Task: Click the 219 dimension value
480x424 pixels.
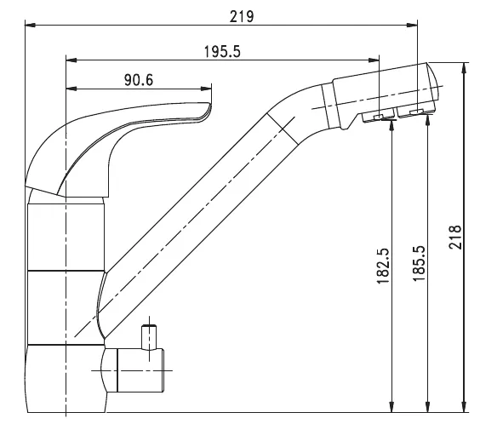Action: (x=242, y=17)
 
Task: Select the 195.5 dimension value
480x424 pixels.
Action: (x=222, y=52)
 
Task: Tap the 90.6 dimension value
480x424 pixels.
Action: (x=139, y=80)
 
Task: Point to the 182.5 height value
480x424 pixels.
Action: (x=383, y=266)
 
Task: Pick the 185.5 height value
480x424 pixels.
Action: (x=419, y=263)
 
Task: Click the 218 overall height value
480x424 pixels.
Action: (x=455, y=238)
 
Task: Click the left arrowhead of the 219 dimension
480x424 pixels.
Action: (x=30, y=25)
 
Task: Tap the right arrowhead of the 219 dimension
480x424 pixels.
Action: (x=412, y=25)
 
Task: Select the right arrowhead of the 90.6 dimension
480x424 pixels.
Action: (x=206, y=89)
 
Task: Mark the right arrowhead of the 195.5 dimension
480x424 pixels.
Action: (x=374, y=60)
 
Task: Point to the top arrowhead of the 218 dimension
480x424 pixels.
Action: (x=465, y=68)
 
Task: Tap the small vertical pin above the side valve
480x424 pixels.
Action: (x=149, y=337)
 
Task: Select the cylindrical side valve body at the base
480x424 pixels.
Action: (x=140, y=370)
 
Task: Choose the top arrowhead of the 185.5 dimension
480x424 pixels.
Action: (x=427, y=118)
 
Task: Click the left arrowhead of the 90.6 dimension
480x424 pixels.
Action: (x=71, y=89)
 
